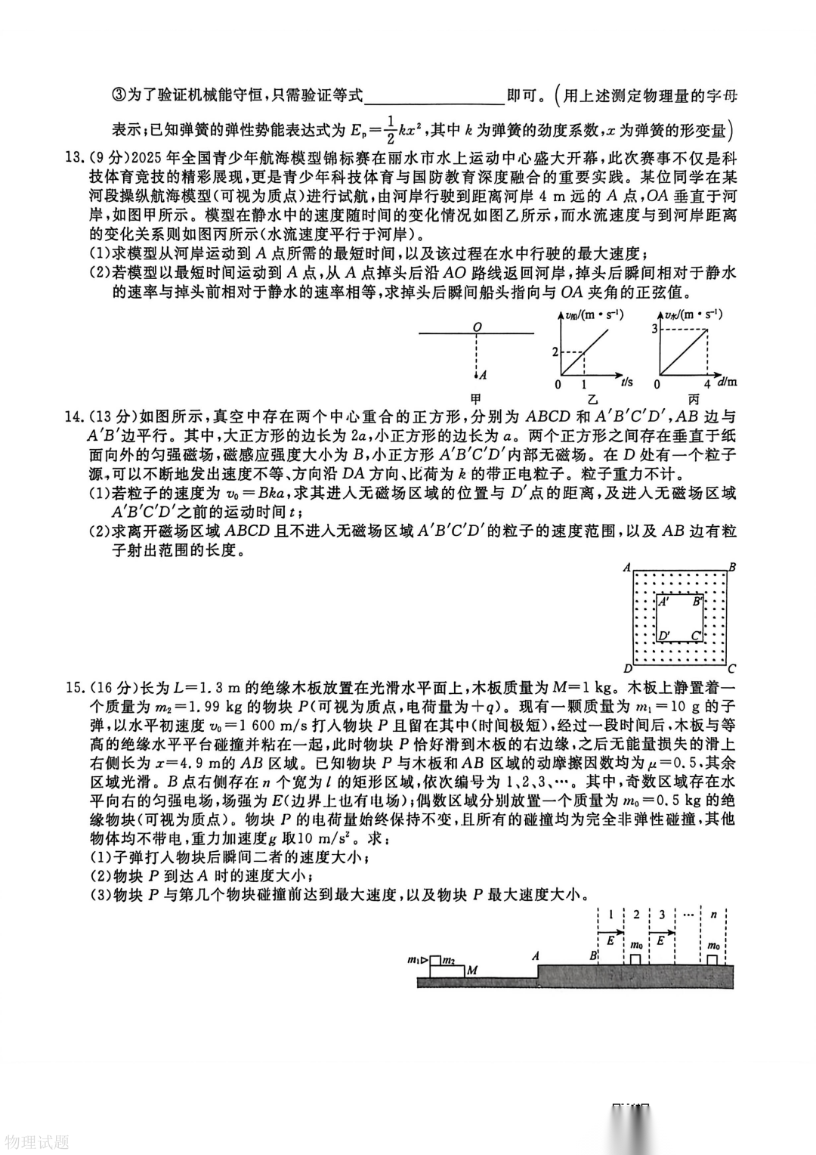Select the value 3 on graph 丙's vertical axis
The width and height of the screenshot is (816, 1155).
coord(654,327)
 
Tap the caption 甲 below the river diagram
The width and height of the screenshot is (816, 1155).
coord(476,398)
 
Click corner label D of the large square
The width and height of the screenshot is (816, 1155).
coord(627,668)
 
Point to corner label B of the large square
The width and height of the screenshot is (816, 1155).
coord(732,567)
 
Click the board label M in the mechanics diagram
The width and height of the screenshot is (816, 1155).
coord(471,970)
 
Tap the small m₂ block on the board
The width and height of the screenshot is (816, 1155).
coord(449,961)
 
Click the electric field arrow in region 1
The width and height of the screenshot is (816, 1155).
coord(610,932)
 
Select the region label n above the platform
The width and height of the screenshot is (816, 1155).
coord(713,914)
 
